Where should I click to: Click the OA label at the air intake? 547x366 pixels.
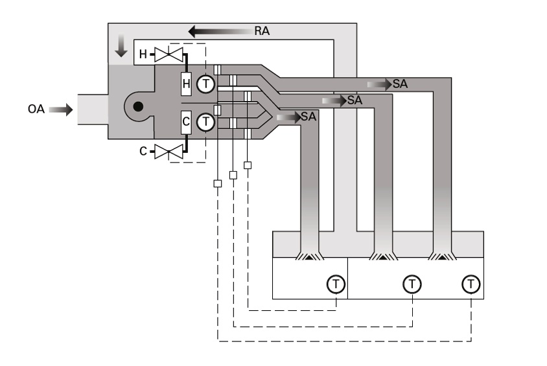[x=36, y=110]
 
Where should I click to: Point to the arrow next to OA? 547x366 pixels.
[x=61, y=110]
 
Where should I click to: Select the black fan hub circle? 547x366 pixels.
[x=137, y=108]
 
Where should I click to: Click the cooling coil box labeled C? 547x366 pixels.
[x=186, y=122]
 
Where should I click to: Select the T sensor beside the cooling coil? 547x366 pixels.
[x=205, y=122]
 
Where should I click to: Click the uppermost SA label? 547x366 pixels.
[x=400, y=84]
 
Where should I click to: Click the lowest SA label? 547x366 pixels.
[x=308, y=117]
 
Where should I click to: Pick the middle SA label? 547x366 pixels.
[x=354, y=100]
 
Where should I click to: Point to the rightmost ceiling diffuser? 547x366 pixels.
[x=443, y=257]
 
